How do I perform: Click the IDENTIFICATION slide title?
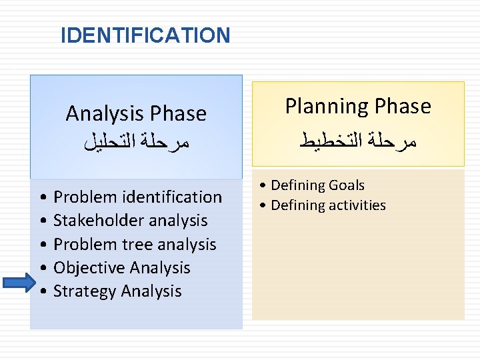(x=145, y=35)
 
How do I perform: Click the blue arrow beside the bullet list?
(x=19, y=283)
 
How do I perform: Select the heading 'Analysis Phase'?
(x=136, y=114)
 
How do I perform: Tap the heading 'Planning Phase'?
(x=358, y=106)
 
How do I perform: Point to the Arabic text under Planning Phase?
(x=358, y=140)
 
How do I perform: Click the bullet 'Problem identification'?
(x=137, y=197)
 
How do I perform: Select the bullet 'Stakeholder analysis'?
(x=130, y=220)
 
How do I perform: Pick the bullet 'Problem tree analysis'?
(x=135, y=244)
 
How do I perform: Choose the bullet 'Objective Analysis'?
(x=121, y=267)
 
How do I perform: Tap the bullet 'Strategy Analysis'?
(x=117, y=291)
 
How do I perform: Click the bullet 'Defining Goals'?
(x=317, y=185)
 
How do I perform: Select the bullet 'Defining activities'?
(x=328, y=205)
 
